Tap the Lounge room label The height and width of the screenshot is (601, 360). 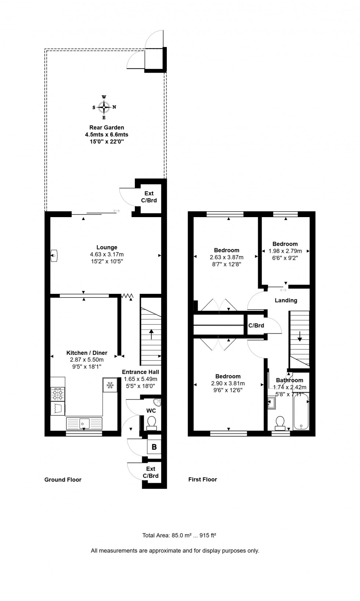107,248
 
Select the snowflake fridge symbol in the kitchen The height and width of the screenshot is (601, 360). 109,385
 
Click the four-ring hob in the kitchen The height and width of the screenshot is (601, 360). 58,394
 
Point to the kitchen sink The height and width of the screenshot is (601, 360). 84,423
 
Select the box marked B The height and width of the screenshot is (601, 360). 154,447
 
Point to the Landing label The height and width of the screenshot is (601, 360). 286,300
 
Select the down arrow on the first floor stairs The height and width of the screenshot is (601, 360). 300,336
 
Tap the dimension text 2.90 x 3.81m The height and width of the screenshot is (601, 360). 228,383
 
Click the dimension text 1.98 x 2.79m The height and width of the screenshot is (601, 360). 285,251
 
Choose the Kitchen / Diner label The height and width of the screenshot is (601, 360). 87,353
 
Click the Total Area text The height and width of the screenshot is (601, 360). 179,535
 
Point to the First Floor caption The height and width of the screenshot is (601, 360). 202,479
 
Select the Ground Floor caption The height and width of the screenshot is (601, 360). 63,479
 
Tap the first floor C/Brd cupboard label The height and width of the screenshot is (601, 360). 256,325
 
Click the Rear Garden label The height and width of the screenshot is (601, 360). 107,127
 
